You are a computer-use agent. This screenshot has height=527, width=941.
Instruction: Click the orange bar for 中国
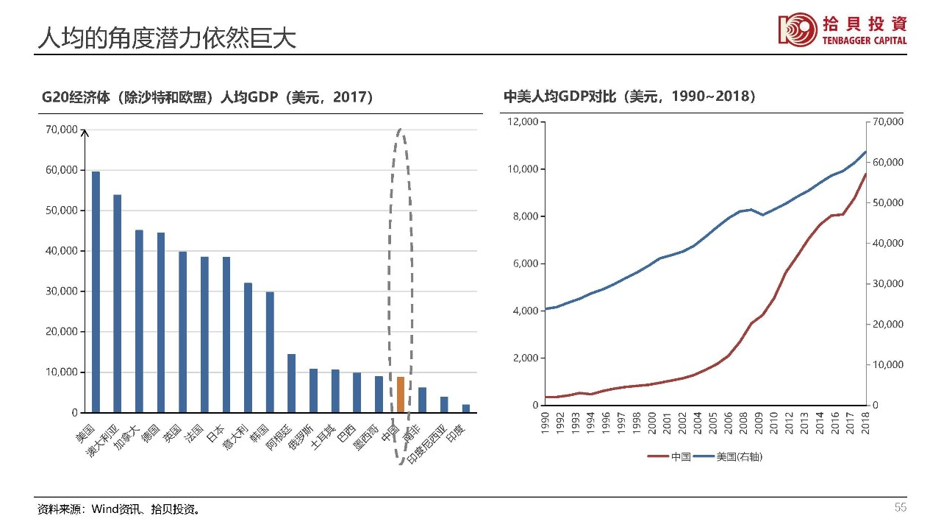click(x=401, y=395)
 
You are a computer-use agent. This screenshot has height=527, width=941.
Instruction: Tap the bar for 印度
click(x=466, y=408)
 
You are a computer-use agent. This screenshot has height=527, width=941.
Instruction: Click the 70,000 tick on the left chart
click(x=61, y=130)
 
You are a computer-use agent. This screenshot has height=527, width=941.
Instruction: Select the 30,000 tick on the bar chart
click(x=61, y=291)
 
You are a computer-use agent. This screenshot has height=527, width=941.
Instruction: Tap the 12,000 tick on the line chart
click(x=523, y=121)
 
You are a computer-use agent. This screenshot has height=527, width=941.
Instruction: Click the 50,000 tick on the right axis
click(x=887, y=202)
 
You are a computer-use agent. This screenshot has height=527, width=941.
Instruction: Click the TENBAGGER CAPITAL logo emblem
click(x=798, y=29)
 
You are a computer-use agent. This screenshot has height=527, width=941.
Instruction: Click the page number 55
click(x=900, y=508)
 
